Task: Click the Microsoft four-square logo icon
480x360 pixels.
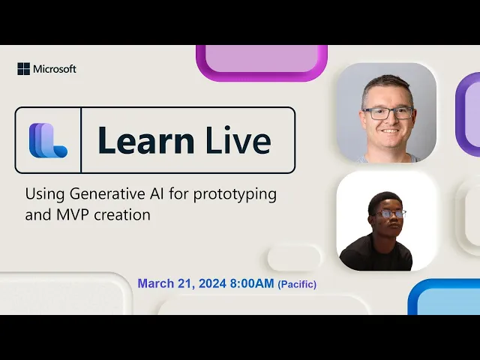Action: [x=23, y=69]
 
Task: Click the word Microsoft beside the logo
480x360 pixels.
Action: [x=55, y=69]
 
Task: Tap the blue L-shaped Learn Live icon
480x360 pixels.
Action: [x=48, y=140]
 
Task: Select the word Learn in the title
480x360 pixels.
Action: [x=145, y=139]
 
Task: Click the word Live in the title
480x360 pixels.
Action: [x=238, y=139]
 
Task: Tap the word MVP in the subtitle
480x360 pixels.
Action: [x=73, y=214]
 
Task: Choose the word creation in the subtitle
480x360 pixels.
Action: [x=122, y=214]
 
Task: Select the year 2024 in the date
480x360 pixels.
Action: [x=212, y=283]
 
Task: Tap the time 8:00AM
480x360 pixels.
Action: [x=252, y=283]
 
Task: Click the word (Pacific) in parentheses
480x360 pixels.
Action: [x=297, y=284]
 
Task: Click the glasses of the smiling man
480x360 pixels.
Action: [x=388, y=113]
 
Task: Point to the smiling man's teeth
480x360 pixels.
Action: [x=390, y=130]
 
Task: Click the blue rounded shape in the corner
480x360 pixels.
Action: [x=444, y=296]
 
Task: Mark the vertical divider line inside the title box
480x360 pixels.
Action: [x=81, y=140]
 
